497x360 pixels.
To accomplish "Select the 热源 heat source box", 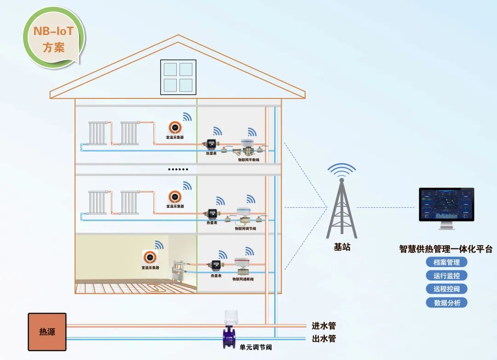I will click(x=47, y=331).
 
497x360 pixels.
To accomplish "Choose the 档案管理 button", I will click(x=446, y=262).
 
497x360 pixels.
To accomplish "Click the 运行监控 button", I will click(x=446, y=276).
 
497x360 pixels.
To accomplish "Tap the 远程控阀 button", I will click(x=446, y=289).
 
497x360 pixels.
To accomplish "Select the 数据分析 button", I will click(x=446, y=303).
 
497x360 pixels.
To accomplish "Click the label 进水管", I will click(x=324, y=326).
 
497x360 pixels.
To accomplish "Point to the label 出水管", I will click(x=324, y=339).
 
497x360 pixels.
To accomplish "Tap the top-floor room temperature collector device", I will click(x=175, y=127).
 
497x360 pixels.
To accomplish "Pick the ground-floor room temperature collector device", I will click(x=150, y=256).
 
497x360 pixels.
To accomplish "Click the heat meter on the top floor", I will click(x=211, y=144).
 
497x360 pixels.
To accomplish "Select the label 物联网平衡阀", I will click(x=248, y=159).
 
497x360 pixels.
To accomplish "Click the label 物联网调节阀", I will click(x=245, y=229).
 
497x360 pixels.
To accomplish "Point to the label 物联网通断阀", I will click(x=243, y=279).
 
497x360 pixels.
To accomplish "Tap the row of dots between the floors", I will click(x=178, y=169).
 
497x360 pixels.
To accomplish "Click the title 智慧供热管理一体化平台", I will click(x=445, y=249).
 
